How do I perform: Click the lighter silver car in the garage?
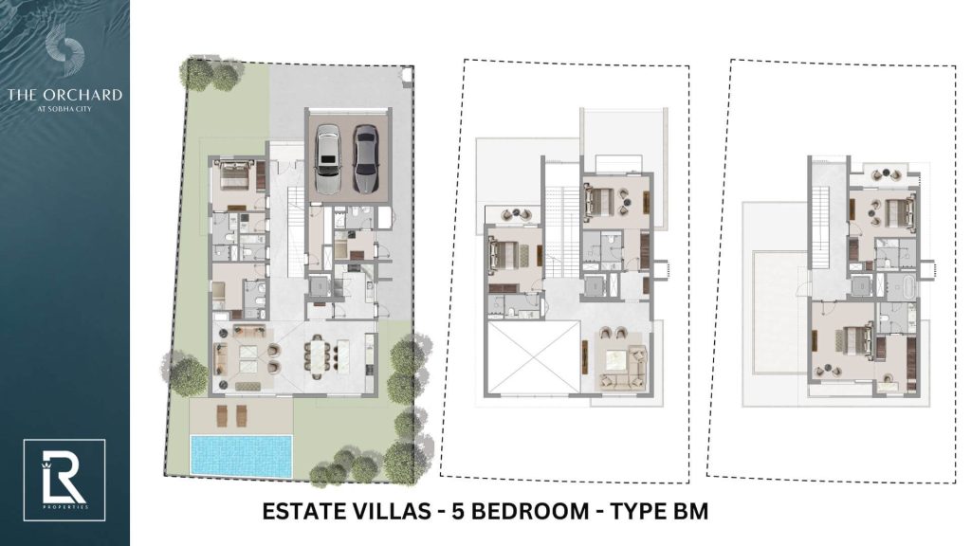click(x=328, y=158)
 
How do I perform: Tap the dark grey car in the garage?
click(x=365, y=158)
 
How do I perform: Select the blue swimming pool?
click(x=241, y=455)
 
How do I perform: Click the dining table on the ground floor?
click(x=319, y=356)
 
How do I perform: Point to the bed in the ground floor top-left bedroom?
click(x=232, y=177)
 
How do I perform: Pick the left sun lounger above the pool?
click(x=223, y=415)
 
